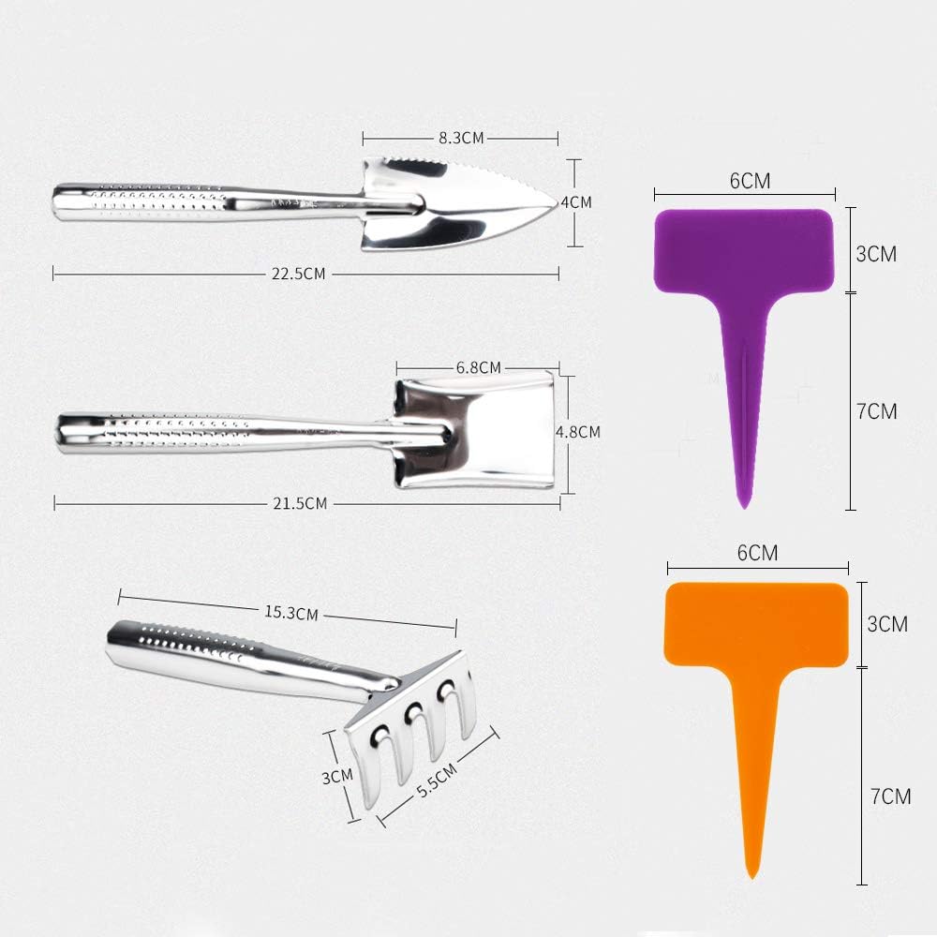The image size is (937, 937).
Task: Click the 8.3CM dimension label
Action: pos(461,138)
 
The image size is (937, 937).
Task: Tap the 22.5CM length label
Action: pos(298,274)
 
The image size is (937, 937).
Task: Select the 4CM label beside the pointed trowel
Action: pos(576,202)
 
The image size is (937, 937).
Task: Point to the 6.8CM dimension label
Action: pos(478,367)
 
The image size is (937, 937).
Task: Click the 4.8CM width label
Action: pos(578,432)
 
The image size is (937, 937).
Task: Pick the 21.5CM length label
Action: pos(300,504)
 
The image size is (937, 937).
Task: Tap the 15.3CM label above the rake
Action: pos(291,613)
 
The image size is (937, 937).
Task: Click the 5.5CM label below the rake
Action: pos(437,781)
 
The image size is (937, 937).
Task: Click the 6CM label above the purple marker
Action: pos(750,181)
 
